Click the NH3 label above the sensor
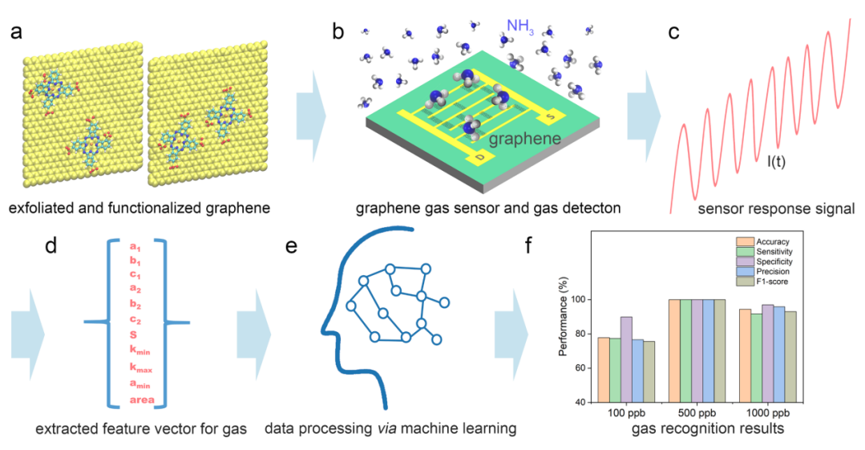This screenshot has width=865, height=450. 520,26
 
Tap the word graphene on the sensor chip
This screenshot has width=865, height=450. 524,138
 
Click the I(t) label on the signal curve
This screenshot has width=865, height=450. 776,162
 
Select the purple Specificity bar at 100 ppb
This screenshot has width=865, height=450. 626,359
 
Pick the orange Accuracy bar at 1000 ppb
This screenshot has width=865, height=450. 745,355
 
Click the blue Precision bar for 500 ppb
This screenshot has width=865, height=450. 708,351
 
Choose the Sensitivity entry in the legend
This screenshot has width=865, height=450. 764,252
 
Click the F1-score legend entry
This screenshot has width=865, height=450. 762,282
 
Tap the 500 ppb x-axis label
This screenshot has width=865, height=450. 697,413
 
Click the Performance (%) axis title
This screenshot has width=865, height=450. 564,326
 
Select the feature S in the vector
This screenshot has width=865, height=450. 134,335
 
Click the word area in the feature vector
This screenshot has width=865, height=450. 142,399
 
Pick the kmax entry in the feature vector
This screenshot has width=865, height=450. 140,367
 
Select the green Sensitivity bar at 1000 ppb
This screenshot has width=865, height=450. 756,358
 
